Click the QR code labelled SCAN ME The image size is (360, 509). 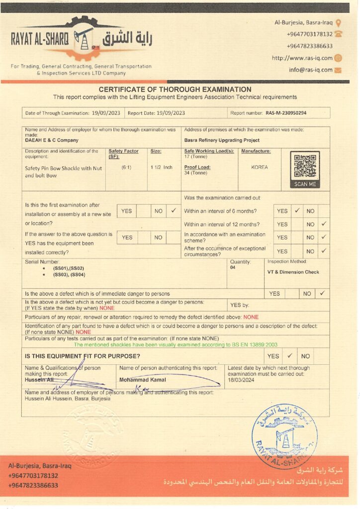305,167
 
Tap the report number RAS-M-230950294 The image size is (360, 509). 286,113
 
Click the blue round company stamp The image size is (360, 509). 284,436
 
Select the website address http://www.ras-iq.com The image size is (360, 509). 302,58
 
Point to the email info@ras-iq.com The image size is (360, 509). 310,70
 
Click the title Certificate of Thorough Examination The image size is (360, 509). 175,89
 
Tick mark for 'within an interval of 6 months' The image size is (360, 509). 296,211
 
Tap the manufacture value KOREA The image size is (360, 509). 260,168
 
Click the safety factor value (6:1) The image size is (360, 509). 126,168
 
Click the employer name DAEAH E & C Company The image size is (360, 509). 52,140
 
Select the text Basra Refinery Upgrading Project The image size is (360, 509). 221,140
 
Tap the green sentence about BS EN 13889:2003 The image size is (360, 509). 176,344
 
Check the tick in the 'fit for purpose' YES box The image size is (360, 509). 289,355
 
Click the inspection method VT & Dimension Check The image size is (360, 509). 293,272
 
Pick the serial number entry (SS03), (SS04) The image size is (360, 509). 69,275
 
